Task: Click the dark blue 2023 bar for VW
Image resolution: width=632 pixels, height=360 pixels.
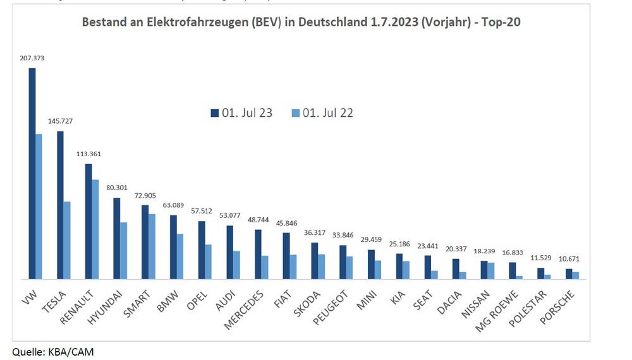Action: [32, 173]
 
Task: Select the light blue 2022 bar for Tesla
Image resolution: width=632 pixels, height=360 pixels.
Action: [67, 240]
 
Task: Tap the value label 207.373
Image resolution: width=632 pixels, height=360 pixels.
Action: [32, 58]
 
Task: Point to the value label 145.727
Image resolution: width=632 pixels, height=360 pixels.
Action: [61, 121]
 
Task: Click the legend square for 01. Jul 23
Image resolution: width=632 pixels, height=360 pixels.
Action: [214, 113]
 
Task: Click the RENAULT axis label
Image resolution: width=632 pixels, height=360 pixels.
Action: [80, 306]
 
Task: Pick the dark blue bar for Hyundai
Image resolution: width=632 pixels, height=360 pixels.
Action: [116, 238]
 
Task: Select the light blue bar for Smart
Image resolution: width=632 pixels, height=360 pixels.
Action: [152, 246]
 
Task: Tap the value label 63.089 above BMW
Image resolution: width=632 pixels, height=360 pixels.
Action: [173, 205]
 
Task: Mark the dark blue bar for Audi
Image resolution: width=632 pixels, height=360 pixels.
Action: [230, 252]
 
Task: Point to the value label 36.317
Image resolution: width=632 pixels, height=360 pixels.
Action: [315, 232]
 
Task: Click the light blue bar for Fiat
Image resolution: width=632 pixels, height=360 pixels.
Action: [293, 267]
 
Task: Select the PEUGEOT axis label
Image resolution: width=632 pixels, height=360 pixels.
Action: [332, 308]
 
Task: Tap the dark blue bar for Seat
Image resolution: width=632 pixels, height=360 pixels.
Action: [428, 267]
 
